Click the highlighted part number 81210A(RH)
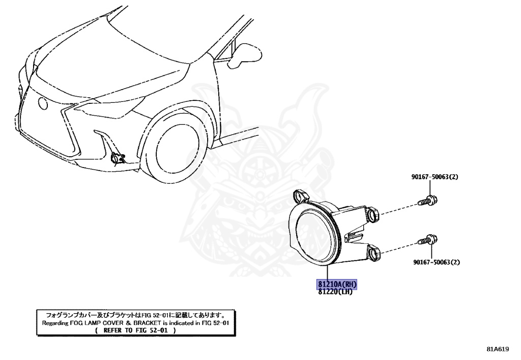tap(337, 284)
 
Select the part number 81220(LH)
tap(335, 291)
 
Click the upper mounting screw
tap(426, 200)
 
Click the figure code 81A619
tap(497, 349)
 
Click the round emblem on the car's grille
tap(43, 104)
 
